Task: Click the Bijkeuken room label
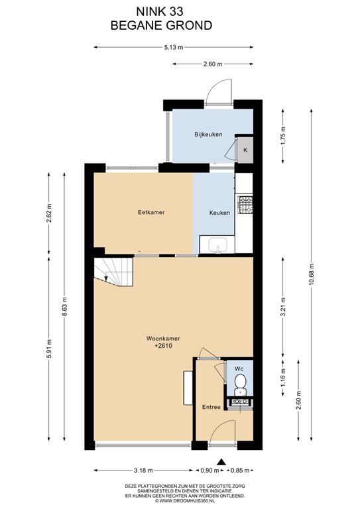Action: pyautogui.click(x=208, y=134)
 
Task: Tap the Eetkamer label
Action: pyautogui.click(x=151, y=212)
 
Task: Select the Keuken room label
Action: pyautogui.click(x=219, y=213)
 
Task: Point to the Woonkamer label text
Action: pyautogui.click(x=163, y=339)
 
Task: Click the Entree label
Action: pyautogui.click(x=211, y=407)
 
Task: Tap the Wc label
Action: pyautogui.click(x=239, y=368)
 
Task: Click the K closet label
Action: pyautogui.click(x=245, y=150)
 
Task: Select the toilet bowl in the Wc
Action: pyautogui.click(x=240, y=381)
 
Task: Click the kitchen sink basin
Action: pyautogui.click(x=217, y=244)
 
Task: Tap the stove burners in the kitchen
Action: pyautogui.click(x=245, y=204)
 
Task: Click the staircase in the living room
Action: pyautogui.click(x=113, y=272)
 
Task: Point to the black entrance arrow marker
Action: pyautogui.click(x=221, y=462)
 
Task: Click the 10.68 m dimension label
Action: pyautogui.click(x=312, y=274)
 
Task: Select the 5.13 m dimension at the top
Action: pyautogui.click(x=173, y=48)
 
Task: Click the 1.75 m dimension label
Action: pyautogui.click(x=284, y=137)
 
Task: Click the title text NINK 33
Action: pyautogui.click(x=159, y=12)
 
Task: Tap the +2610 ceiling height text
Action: pyautogui.click(x=163, y=346)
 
